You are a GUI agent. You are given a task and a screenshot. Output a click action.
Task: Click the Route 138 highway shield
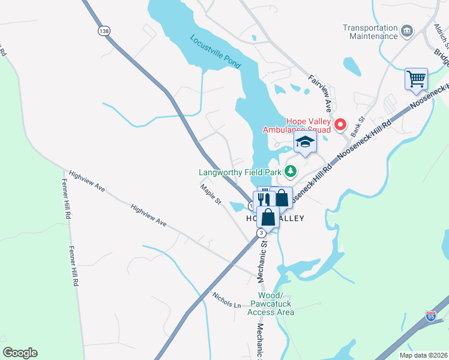pos(105,31)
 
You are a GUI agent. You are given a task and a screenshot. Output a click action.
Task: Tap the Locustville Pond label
pos(215,50)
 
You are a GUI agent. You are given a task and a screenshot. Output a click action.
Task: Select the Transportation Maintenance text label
pos(370,32)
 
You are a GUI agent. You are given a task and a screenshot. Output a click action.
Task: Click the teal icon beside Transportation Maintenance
pos(407,31)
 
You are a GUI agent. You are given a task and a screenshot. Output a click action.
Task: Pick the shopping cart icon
pos(416,79)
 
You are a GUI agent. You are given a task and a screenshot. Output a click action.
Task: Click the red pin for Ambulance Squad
pos(340,124)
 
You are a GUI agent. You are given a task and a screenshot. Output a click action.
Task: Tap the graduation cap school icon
pos(305,143)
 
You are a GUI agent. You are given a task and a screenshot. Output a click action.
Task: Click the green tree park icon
pos(291,172)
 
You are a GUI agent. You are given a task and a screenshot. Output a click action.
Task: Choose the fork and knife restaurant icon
pos(263,197)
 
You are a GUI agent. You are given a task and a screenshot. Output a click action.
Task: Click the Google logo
pos(20,353)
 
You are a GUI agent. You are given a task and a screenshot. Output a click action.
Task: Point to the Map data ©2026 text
pos(423,355)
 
